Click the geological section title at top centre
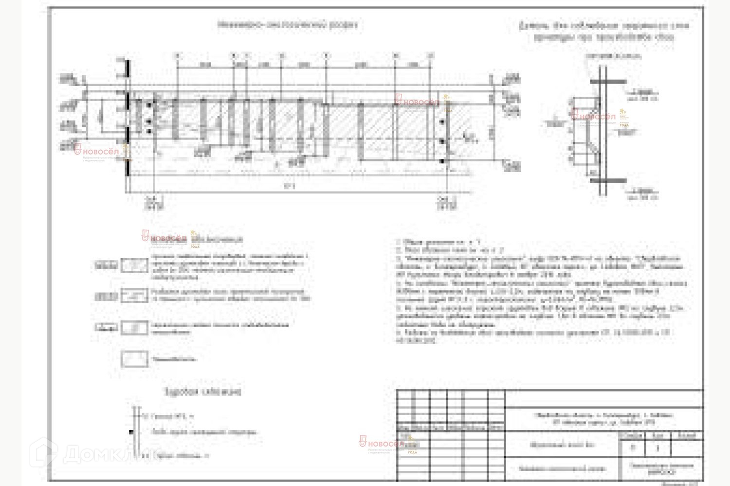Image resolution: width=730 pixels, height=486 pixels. tap(287, 25)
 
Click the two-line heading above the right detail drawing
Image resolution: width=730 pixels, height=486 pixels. tap(604, 31)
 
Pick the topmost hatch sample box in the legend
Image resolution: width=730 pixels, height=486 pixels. tap(134, 265)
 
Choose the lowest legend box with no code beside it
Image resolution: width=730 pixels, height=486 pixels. tap(134, 359)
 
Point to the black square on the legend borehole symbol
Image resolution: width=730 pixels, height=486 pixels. tap(131, 432)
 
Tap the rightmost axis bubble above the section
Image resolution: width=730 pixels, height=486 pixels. tap(430, 56)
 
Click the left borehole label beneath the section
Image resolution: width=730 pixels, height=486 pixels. tap(154, 203)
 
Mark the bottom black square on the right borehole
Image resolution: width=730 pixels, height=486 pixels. tap(442, 161)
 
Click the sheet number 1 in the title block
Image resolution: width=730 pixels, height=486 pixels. tap(657, 448)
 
